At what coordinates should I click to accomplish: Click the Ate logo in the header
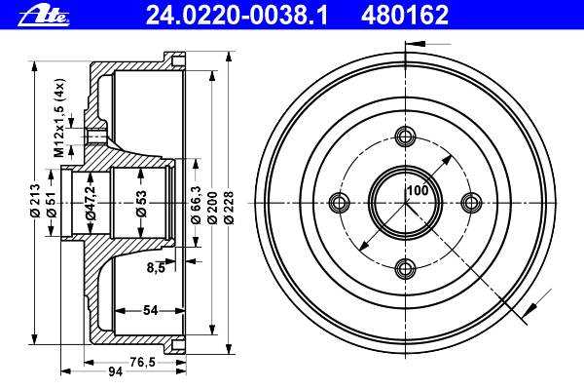(x=44, y=18)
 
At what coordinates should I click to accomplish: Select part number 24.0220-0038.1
(x=237, y=16)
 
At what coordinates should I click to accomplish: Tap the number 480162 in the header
(x=405, y=16)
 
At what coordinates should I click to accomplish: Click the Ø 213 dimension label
(x=35, y=200)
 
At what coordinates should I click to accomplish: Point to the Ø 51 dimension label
(x=52, y=204)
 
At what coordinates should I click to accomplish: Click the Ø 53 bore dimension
(x=141, y=204)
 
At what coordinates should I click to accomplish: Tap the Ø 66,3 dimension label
(x=196, y=205)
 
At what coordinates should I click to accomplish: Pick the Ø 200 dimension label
(x=212, y=208)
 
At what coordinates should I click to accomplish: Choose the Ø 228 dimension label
(x=229, y=208)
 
